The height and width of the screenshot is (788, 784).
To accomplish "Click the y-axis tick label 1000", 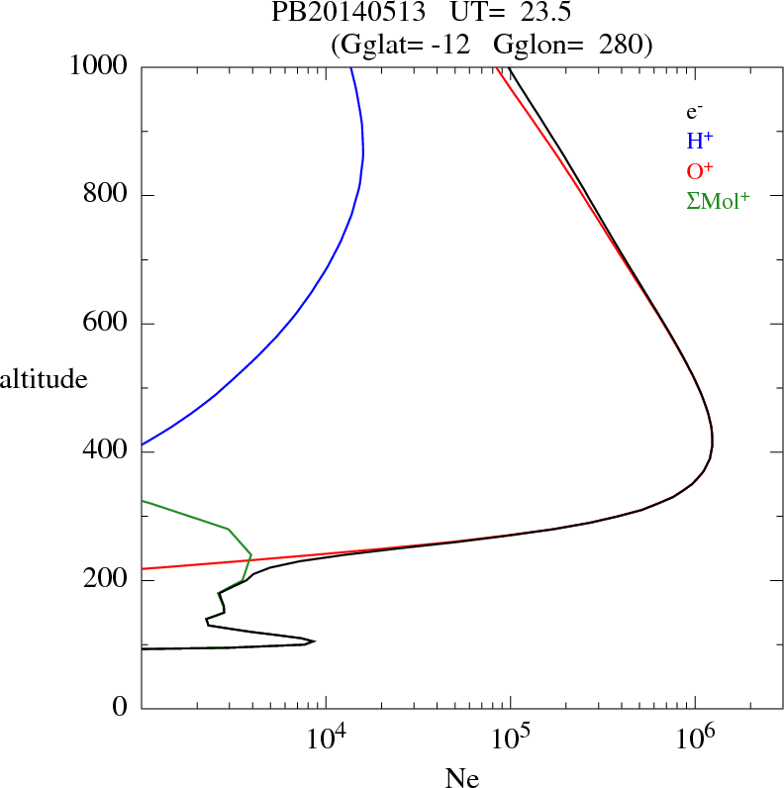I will pos(99,66).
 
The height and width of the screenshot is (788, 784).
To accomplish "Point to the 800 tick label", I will pos(105,195).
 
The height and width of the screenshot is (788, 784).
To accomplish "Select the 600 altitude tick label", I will pos(105,324).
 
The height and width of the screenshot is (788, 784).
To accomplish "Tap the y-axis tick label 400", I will pos(105,451).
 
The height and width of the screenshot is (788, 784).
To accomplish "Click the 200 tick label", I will pos(105,580).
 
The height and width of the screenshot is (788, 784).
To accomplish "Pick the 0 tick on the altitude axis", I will pos(121,708).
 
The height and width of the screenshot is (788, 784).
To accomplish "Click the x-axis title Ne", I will pos(462,778).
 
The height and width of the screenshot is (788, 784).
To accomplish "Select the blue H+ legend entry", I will pos(701,141).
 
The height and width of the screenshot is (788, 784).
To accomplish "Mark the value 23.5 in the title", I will pos(541,14).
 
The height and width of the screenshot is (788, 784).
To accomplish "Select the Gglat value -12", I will pos(454,44).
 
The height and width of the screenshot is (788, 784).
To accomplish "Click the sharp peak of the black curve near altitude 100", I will pos(314,641).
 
